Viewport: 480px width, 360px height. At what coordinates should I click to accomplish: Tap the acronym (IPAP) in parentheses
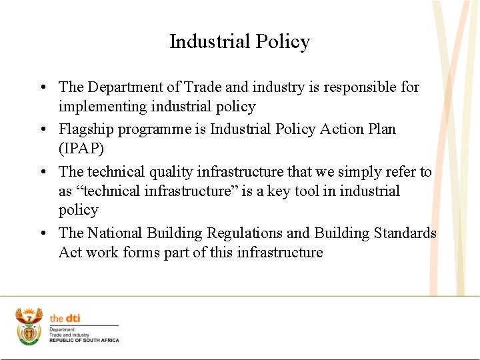point(81,148)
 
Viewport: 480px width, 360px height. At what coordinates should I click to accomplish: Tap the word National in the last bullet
point(114,233)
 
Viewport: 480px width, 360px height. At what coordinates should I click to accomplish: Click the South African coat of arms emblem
point(29,325)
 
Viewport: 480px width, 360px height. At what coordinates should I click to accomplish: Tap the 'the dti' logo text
point(65,319)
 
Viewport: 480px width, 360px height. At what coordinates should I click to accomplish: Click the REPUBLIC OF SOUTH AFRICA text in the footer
point(85,341)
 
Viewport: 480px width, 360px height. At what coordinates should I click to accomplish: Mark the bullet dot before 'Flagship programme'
point(42,129)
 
